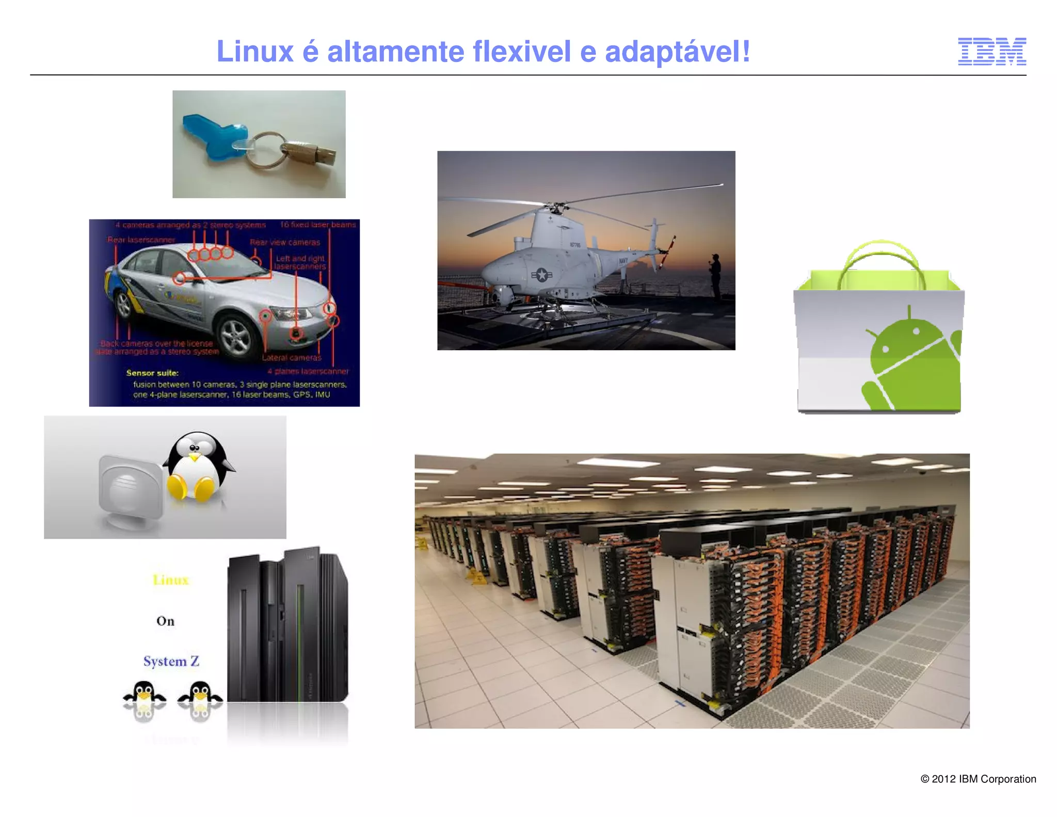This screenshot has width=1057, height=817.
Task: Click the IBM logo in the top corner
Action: pos(991,52)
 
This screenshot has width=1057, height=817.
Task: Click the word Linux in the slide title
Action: pos(254,52)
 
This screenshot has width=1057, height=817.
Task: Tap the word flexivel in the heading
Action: pos(521,52)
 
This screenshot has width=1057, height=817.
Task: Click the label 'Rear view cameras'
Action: pos(285,242)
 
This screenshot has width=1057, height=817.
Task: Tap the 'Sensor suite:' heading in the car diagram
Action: pos(152,373)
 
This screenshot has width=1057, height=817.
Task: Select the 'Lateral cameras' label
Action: pos(291,357)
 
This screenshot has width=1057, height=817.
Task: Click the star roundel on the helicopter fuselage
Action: pos(541,275)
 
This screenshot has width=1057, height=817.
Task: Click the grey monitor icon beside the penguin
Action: pos(130,491)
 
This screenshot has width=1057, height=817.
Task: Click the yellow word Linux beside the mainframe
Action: pos(171,580)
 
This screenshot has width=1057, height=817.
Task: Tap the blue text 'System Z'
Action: pos(171,662)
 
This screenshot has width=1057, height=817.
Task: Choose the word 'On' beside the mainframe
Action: pos(165,621)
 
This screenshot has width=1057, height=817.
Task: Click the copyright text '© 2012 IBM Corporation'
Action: pos(978,779)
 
